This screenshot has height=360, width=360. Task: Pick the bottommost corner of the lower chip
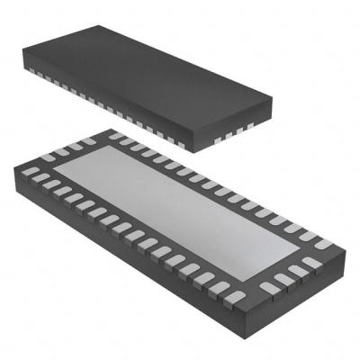[246, 311]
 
